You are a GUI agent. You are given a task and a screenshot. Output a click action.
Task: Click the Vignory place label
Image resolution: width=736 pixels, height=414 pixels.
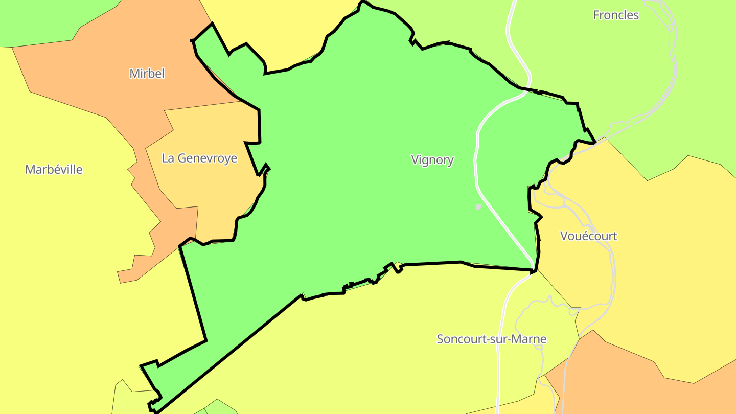point(432,160)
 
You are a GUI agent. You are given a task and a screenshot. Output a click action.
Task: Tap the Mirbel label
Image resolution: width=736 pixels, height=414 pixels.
point(147,74)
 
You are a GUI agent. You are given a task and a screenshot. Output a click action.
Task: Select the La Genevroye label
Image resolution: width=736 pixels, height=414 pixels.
point(199,158)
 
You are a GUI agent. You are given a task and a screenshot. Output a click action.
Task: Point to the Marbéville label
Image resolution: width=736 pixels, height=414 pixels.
point(54,170)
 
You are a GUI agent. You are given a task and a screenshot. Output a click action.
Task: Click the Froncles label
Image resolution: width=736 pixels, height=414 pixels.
point(615,15)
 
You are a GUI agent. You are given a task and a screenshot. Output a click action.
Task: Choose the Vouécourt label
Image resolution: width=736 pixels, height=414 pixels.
point(588,236)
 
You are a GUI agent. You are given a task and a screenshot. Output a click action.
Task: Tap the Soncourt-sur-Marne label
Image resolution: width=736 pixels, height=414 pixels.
point(491,339)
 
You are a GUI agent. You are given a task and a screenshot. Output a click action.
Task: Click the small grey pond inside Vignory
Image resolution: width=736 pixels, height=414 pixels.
point(478,207)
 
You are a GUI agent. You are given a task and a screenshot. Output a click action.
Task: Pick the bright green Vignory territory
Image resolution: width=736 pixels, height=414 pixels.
point(358,153)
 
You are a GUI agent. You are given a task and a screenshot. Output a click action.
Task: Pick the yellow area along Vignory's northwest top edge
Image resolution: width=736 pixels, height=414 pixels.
point(281,31)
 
